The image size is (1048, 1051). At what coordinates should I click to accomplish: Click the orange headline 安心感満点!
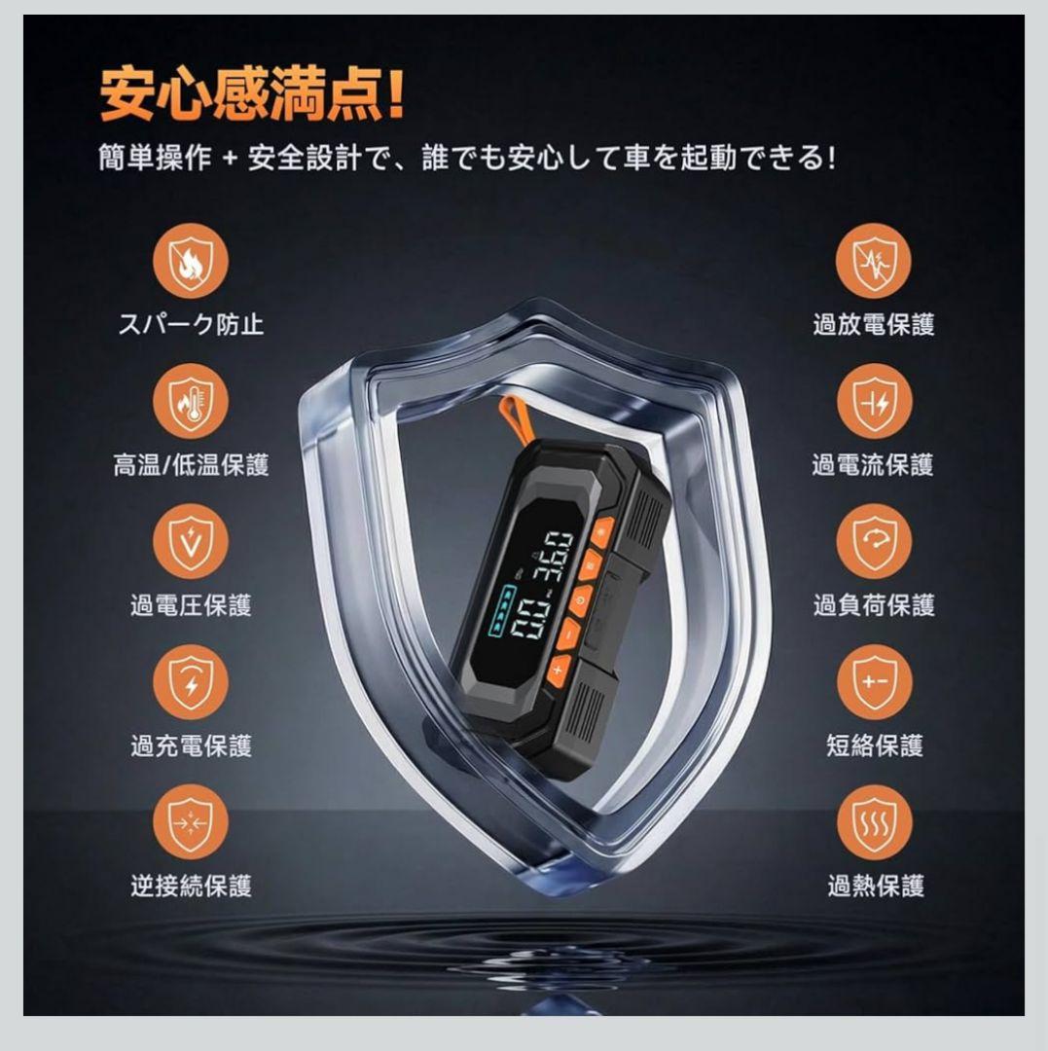coord(251,93)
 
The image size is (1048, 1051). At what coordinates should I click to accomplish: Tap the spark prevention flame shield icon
coord(191,260)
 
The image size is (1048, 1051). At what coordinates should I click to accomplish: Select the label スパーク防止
coord(191,324)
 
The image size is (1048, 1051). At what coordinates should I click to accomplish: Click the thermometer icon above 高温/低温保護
coord(191,400)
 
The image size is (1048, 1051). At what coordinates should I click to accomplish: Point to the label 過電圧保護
coord(191,604)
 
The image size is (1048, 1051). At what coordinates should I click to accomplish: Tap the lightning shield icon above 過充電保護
coord(191,681)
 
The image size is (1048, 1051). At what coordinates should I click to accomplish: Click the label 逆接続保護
coord(191,886)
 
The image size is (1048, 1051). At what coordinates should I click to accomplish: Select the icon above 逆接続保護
coord(191,821)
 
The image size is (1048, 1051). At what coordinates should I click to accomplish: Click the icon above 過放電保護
coord(874,260)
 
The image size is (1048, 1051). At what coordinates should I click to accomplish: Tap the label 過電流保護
coord(874,465)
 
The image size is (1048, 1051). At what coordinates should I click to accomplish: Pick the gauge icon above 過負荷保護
coord(874,541)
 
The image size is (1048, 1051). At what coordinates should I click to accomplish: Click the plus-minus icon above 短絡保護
coord(874,681)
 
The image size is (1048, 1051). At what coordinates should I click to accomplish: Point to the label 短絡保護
coord(874,745)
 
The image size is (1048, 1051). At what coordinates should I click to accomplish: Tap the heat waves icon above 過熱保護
coord(874,821)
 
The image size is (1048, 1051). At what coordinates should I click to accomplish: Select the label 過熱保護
coord(874,886)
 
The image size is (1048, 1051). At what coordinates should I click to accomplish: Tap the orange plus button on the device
coord(558,669)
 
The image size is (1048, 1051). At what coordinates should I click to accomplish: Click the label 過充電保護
coord(191,745)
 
